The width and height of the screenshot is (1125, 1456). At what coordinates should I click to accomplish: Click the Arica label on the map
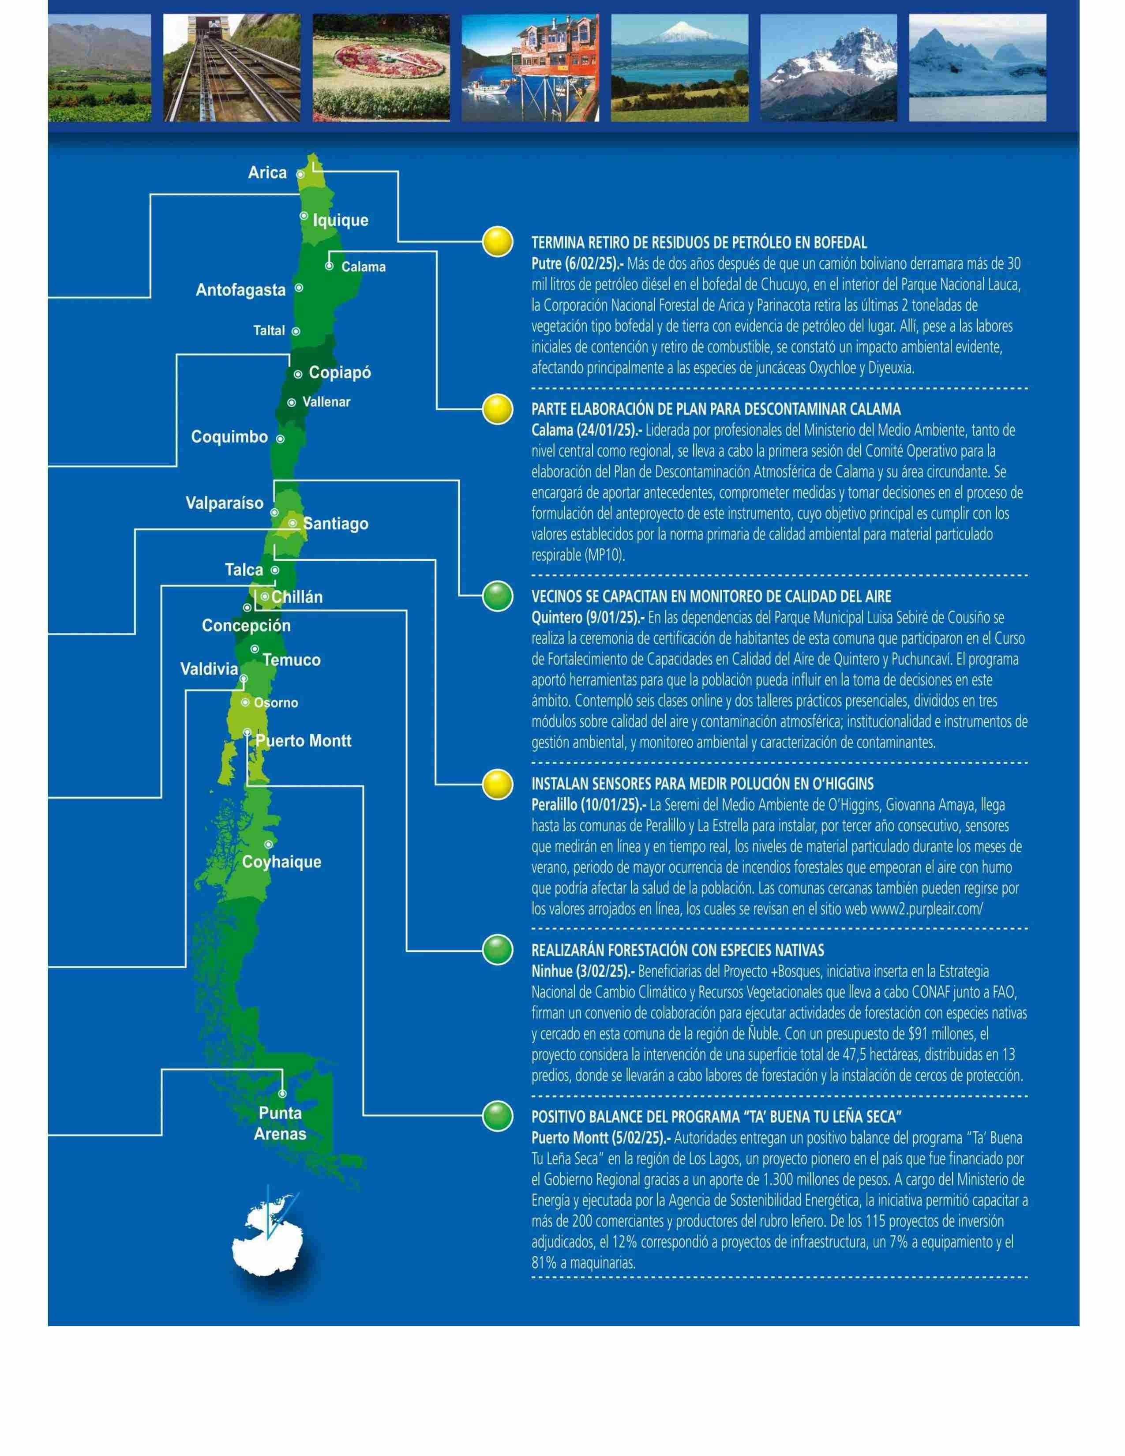pos(267,173)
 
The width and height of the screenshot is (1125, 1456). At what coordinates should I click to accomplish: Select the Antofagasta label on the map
pos(240,290)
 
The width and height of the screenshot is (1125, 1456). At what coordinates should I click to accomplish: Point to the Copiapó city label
pos(340,373)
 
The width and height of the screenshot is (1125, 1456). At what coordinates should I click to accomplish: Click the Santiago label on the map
pos(335,524)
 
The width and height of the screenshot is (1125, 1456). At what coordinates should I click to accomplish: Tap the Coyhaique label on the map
pos(281,862)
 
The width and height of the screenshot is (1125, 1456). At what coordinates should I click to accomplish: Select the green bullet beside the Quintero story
pos(498,595)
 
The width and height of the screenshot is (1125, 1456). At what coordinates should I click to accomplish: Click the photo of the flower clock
pos(381,68)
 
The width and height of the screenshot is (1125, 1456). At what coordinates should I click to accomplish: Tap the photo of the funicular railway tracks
pos(232,68)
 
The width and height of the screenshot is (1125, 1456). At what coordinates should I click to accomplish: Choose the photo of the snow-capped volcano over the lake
pos(680,68)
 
